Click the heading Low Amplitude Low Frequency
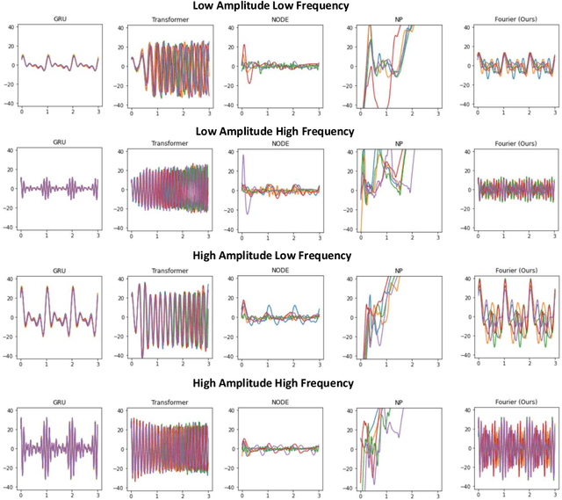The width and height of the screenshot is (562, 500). [x=278, y=6]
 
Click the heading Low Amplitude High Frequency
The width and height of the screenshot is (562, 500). [x=278, y=131]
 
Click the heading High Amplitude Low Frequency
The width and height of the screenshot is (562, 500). [x=278, y=256]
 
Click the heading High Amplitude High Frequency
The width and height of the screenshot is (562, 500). [x=278, y=383]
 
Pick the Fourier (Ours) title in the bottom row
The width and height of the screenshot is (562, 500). [x=512, y=397]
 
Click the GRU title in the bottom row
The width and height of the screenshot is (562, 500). [x=61, y=397]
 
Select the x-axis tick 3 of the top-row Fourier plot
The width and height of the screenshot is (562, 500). [x=555, y=114]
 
